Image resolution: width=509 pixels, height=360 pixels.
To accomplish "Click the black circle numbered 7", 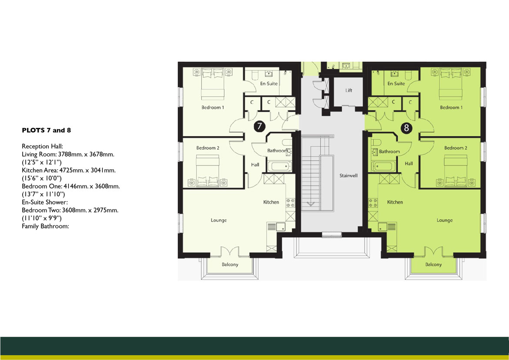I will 259,127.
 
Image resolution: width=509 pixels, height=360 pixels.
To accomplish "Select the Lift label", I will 349,91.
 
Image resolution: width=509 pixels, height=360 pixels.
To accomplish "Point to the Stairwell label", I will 348,176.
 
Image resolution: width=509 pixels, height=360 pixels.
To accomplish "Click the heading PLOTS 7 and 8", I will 46,130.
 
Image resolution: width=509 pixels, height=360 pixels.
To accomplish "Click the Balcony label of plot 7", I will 230,265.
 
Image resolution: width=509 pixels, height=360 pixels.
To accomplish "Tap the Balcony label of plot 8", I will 433,265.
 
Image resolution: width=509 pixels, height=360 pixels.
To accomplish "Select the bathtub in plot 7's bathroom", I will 278,166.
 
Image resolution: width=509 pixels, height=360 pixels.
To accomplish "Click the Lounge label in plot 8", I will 445,220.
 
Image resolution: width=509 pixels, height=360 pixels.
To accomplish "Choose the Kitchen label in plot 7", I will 271,202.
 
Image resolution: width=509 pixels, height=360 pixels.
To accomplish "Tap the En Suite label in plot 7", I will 269,84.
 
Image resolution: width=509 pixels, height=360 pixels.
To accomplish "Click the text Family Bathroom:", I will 46,226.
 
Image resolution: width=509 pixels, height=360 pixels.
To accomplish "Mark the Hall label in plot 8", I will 409,164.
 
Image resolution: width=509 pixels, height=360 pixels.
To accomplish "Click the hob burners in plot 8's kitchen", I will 373,203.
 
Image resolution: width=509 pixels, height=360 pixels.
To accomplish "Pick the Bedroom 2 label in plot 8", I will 455,148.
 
